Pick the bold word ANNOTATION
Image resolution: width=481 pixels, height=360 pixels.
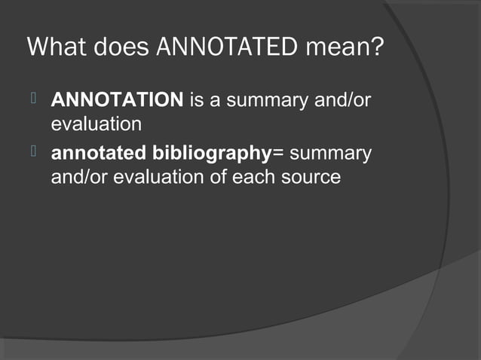coord(117,100)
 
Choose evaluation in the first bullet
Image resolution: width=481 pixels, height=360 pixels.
coord(96,122)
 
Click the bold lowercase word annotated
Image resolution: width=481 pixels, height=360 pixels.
coord(97,155)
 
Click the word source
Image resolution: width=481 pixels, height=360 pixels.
coord(307,178)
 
